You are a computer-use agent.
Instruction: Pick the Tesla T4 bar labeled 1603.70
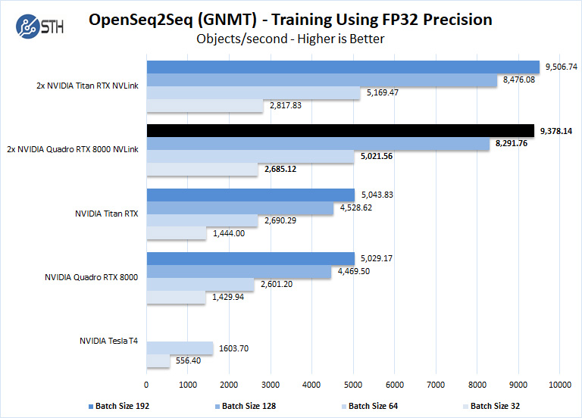click(180, 348)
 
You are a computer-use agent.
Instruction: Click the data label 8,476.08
click(519, 80)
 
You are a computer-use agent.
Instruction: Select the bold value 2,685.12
click(281, 169)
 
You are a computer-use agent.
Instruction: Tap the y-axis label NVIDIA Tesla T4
click(108, 342)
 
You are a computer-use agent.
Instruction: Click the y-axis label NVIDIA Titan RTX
click(106, 214)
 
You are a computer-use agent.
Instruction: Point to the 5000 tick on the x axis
click(353, 385)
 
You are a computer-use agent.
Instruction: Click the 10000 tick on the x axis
click(559, 385)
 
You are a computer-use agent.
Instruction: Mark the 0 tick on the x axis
click(146, 385)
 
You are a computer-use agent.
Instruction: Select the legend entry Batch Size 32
click(495, 406)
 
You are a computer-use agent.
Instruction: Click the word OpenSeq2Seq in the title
click(139, 19)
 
